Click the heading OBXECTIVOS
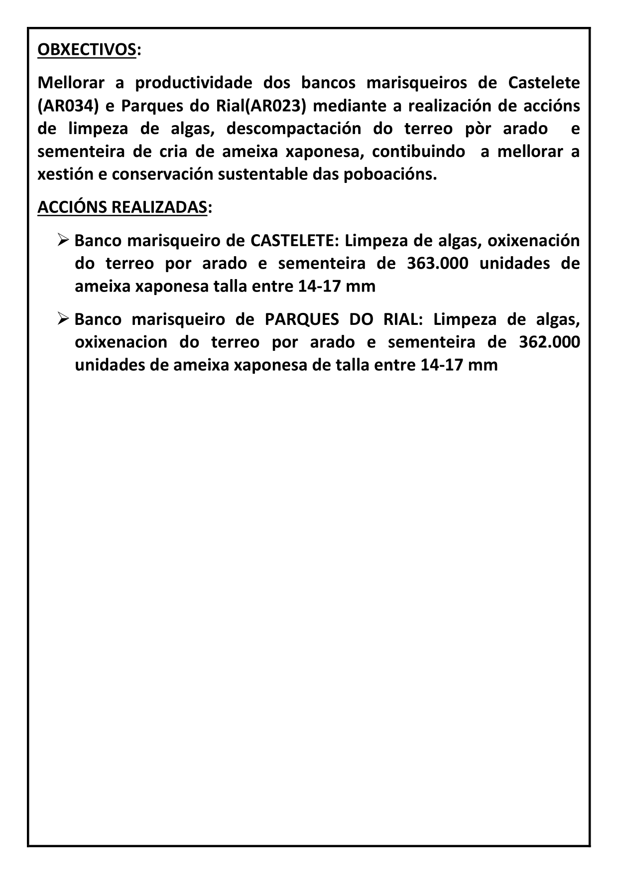tap(87, 50)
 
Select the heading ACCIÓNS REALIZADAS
tap(122, 207)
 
